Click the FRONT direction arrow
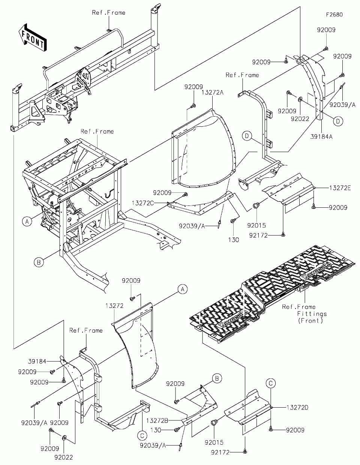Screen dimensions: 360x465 33,37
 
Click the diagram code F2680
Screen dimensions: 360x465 334,15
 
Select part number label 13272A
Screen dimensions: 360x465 212,93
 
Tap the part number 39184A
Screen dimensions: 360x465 321,136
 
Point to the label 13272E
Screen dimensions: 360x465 340,188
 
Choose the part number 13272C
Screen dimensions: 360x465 142,203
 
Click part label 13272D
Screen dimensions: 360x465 297,408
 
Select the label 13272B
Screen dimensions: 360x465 157,421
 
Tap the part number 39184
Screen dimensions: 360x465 37,361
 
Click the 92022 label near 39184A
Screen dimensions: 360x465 300,119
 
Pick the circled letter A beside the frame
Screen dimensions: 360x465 27,222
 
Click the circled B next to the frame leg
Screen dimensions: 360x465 39,262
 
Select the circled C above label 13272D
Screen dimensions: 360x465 271,383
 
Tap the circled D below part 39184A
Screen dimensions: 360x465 338,121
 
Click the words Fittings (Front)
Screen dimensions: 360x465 312,317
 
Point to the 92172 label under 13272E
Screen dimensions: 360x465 258,235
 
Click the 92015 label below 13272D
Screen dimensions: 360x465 214,442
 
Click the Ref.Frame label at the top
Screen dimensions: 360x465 108,13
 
